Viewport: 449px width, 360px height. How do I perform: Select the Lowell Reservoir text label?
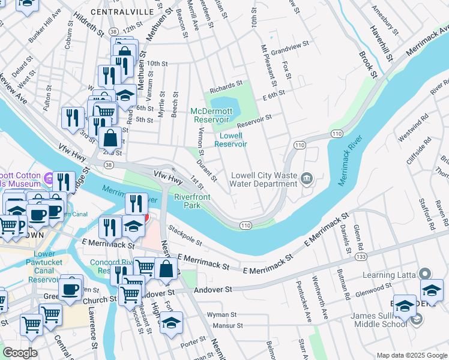[231, 140]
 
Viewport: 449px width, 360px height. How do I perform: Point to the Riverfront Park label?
[193, 201]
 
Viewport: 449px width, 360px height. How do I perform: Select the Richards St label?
[226, 85]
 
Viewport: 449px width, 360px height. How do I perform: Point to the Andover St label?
[212, 290]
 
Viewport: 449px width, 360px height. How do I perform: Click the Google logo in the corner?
[20, 352]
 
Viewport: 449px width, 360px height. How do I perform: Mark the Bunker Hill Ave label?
[43, 31]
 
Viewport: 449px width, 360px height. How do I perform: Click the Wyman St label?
[222, 314]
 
